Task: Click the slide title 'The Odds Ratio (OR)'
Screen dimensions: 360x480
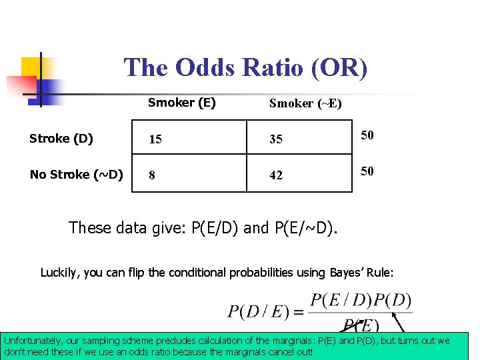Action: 245,68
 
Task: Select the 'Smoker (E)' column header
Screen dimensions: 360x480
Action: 181,103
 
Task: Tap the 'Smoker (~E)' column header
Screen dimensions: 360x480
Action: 305,103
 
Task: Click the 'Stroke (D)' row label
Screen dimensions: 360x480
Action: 61,139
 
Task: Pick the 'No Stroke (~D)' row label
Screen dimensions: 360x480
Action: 76,175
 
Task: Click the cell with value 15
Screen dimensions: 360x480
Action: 155,139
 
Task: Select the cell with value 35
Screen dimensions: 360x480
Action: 275,139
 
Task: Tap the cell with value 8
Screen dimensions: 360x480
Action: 152,175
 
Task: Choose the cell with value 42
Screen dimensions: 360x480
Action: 275,175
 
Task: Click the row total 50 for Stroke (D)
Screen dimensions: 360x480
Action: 367,135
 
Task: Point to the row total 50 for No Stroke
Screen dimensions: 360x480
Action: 367,171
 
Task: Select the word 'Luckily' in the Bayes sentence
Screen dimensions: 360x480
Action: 59,272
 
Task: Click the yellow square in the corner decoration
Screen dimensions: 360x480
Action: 31,67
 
